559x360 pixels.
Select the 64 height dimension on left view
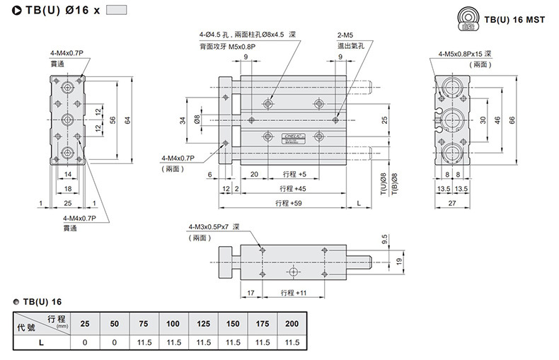(x=129, y=121)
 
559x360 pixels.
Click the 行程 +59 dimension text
(x=288, y=202)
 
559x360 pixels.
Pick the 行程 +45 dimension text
(x=292, y=188)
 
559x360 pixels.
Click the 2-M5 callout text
(x=345, y=35)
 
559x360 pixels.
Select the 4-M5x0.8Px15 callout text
(x=464, y=54)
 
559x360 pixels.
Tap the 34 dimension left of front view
(x=183, y=121)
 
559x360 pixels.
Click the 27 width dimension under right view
(x=452, y=202)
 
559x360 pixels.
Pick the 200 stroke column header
(x=292, y=324)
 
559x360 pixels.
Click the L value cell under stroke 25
(x=85, y=342)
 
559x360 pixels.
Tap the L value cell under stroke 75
(x=144, y=342)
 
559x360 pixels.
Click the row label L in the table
(x=42, y=342)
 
